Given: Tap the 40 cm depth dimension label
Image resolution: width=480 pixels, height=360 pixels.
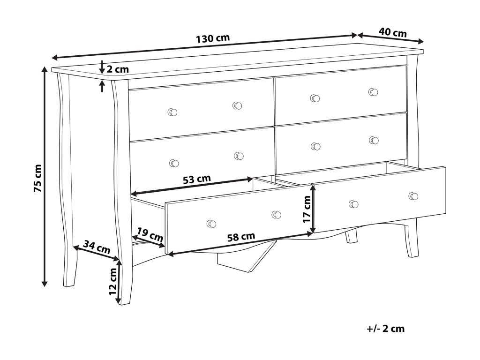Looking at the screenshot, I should click(392, 33).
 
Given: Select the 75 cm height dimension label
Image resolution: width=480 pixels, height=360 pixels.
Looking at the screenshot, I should click(38, 178).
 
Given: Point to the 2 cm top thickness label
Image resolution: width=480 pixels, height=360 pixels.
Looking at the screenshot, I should click(117, 69).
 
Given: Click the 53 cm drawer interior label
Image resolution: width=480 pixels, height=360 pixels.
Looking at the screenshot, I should click(196, 179).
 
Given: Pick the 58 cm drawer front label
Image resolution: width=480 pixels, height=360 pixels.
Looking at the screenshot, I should click(241, 237).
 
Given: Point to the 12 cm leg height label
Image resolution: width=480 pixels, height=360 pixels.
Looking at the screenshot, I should click(112, 281).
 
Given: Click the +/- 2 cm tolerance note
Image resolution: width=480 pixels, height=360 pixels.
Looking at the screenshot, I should click(385, 329).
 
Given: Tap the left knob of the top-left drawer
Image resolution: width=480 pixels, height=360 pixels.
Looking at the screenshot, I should click(172, 112).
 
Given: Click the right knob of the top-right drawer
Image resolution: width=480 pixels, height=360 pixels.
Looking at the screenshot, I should click(373, 92).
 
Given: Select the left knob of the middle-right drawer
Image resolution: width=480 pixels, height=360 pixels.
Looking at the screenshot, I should click(316, 146).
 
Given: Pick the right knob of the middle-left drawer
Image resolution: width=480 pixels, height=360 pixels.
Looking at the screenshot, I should click(239, 156).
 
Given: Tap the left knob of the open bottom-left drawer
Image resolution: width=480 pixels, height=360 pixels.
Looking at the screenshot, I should click(211, 224).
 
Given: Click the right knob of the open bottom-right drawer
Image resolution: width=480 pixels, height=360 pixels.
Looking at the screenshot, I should click(413, 196).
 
